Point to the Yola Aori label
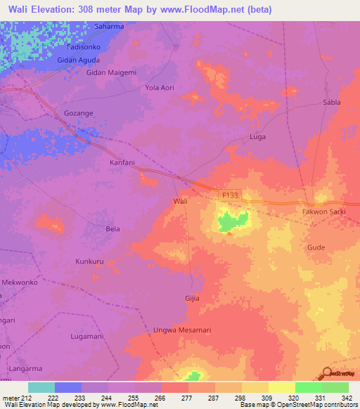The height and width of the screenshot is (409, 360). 159,88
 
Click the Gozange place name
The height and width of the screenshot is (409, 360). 78,112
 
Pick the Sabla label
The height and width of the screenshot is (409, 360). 331,102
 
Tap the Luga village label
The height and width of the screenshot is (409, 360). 258,136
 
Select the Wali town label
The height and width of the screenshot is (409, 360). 180,201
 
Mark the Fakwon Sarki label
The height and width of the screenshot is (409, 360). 323,212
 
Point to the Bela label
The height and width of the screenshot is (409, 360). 112,228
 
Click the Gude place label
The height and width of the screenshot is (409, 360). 315,247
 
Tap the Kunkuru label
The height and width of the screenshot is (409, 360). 89,261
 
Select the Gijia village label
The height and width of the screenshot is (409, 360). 192,298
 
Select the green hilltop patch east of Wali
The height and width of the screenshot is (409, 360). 233,221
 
